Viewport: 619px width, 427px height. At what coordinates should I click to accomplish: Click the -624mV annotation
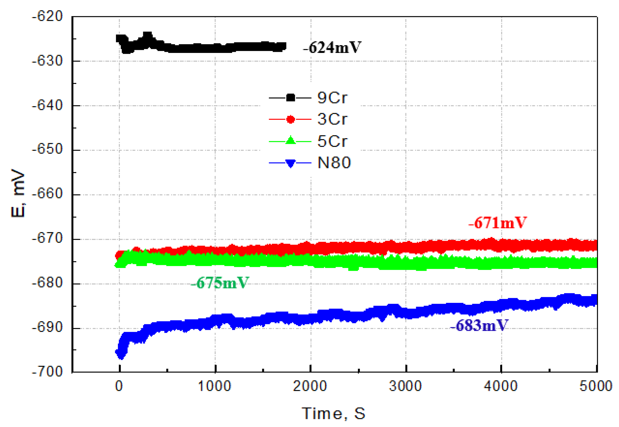coord(332,47)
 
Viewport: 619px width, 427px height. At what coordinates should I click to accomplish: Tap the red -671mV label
coord(497,223)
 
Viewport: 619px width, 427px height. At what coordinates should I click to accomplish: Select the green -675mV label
coord(220,283)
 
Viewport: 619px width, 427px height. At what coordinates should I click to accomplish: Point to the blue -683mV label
coord(479,326)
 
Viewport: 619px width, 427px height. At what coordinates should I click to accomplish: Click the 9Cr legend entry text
coord(332,98)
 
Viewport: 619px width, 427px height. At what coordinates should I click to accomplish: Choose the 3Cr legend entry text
coord(332,119)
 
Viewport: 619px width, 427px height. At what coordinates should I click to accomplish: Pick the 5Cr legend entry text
coord(332,141)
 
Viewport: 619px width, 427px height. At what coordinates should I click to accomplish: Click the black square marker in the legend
coord(290,98)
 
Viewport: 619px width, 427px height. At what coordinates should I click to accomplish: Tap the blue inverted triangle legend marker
coord(290,163)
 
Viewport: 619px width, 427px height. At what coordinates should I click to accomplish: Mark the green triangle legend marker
coord(290,140)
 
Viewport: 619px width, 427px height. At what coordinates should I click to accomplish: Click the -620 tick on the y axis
coord(47,16)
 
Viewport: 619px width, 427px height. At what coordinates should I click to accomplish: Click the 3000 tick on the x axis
coord(405,386)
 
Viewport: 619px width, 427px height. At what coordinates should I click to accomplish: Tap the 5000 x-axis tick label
coord(596,386)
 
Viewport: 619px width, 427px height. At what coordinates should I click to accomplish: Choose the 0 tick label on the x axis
coord(119,386)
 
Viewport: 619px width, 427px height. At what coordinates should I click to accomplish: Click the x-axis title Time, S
coord(333,413)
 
